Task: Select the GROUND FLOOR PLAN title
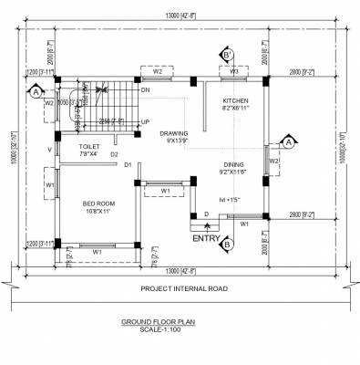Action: tap(170, 322)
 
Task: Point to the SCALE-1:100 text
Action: tap(170, 329)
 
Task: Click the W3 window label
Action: tap(234, 70)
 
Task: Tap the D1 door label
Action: tap(129, 164)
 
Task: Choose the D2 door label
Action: tap(114, 155)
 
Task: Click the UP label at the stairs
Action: tap(146, 121)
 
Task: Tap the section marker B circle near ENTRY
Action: tap(227, 244)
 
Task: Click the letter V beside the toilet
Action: tap(49, 149)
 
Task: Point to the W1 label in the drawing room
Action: tap(165, 190)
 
